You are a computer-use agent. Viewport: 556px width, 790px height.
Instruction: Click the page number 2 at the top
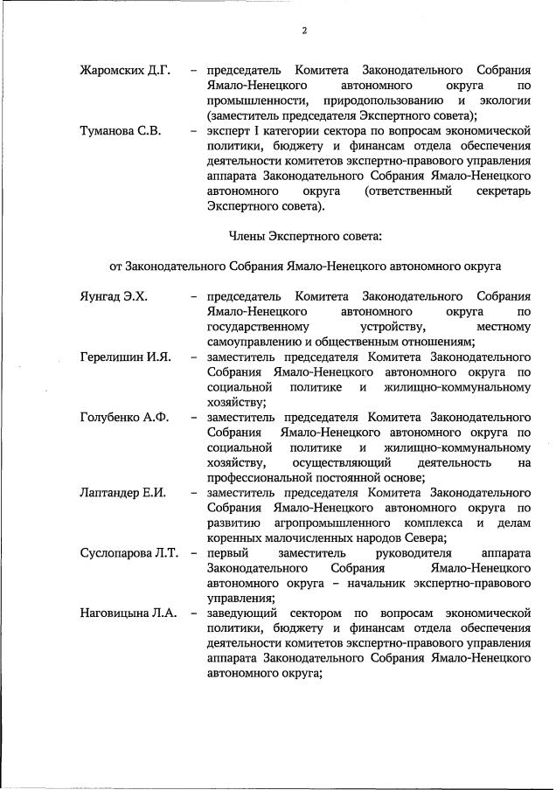click(x=303, y=31)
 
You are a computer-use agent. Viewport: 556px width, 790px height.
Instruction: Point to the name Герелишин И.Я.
click(x=125, y=357)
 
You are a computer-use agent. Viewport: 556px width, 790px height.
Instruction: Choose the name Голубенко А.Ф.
click(x=123, y=417)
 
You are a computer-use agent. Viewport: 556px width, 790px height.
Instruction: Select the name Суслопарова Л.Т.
click(x=129, y=553)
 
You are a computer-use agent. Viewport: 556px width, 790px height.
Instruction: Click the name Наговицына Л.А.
click(x=129, y=613)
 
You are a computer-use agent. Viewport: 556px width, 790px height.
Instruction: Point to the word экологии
click(x=501, y=100)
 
